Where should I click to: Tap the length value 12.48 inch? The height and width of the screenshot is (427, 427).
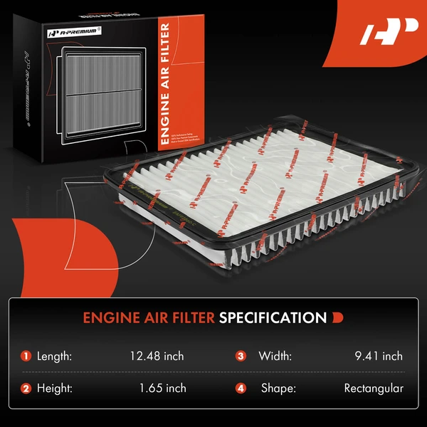click(156, 356)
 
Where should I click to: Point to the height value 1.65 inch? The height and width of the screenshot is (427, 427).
click(163, 388)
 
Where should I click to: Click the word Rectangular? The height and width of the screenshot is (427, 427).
click(374, 388)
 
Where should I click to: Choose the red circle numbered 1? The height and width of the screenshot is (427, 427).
click(26, 356)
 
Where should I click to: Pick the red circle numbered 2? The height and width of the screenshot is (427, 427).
click(26, 389)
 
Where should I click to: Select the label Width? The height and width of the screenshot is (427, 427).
click(275, 356)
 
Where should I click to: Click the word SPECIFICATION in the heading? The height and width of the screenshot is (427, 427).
click(273, 317)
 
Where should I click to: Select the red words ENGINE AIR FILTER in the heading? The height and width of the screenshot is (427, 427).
click(148, 317)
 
